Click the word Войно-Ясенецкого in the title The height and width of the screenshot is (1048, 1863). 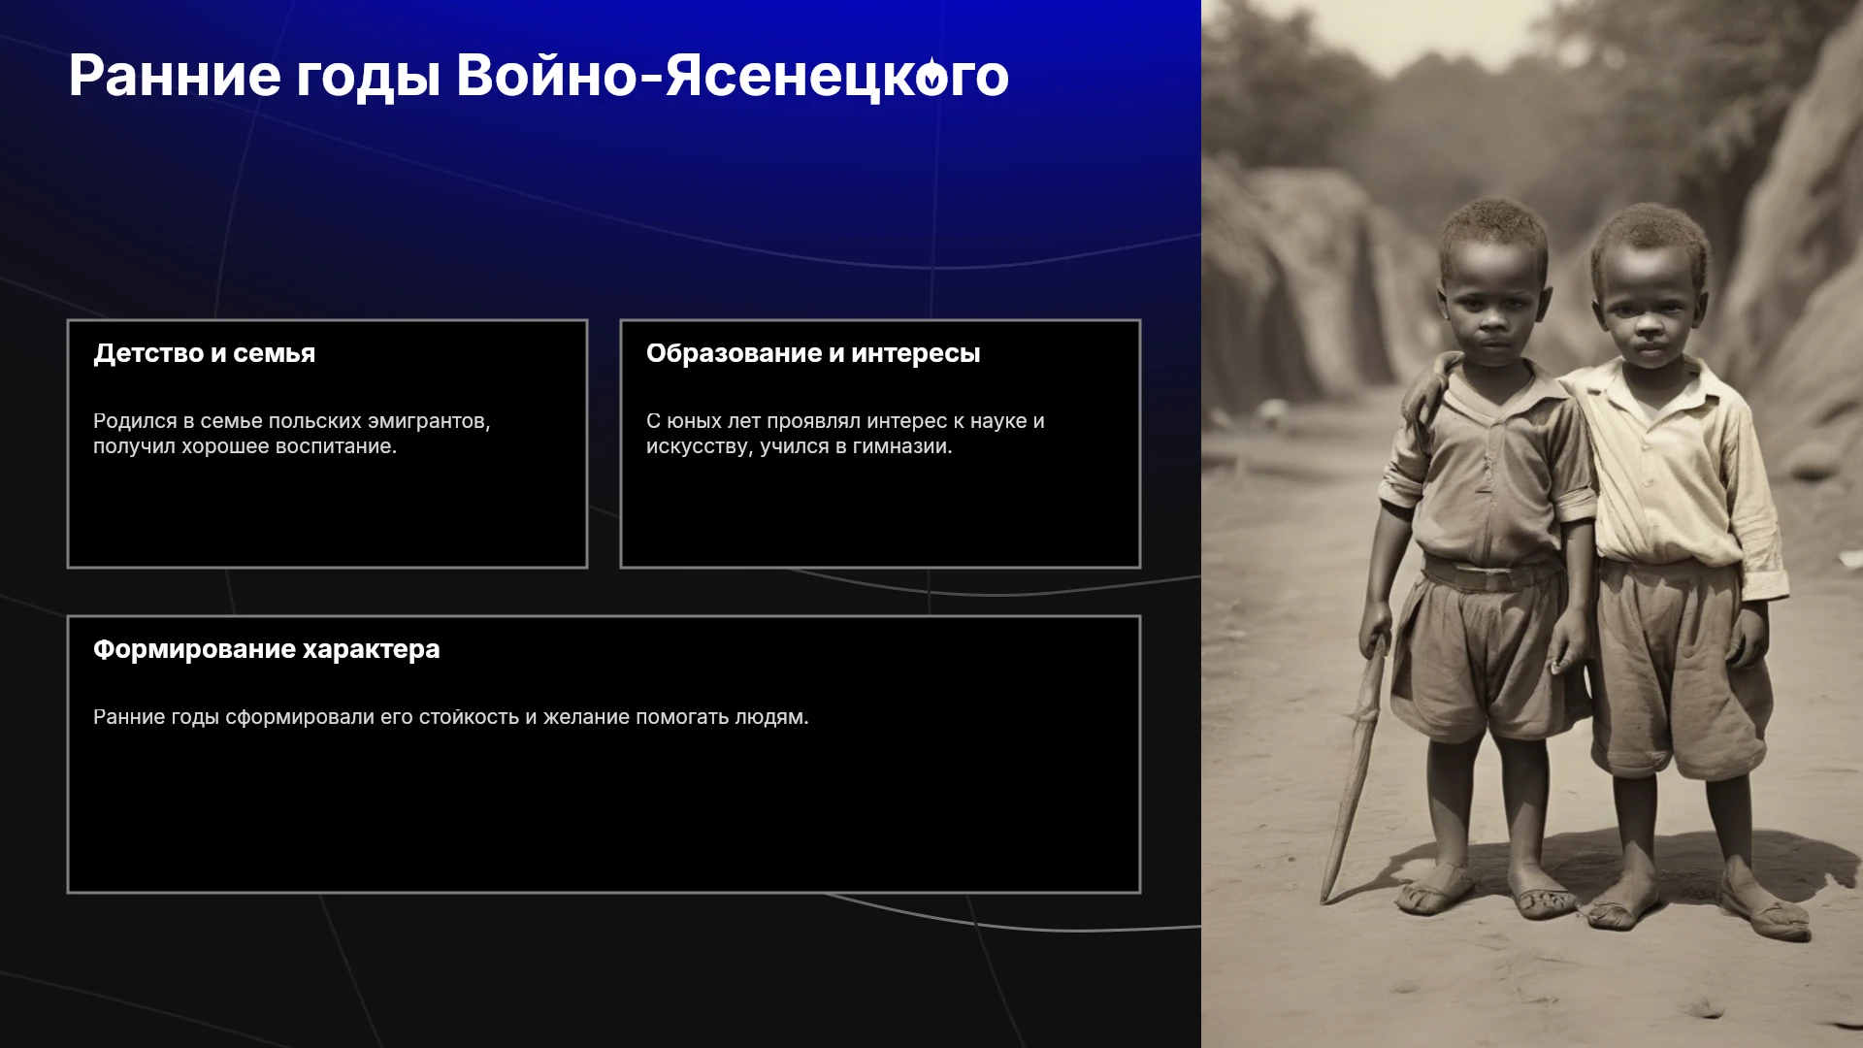click(x=733, y=76)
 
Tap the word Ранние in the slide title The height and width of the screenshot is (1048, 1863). click(x=175, y=76)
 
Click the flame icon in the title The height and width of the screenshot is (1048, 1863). click(x=931, y=76)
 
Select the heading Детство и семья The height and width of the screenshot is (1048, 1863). click(x=204, y=353)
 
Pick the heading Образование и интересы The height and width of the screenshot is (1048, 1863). click(x=813, y=353)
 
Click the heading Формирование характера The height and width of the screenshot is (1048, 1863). click(x=266, y=649)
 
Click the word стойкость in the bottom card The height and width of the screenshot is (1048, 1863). click(x=469, y=717)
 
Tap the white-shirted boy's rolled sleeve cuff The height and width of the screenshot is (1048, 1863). click(x=1765, y=585)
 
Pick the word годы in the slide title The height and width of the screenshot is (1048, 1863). click(x=368, y=78)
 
